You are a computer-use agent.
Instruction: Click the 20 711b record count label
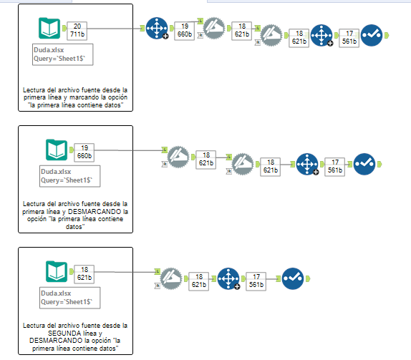(x=79, y=29)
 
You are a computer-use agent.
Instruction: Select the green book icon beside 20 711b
(x=49, y=29)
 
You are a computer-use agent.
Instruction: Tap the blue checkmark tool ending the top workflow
(x=372, y=34)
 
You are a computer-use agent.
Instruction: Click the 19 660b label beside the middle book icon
(x=84, y=151)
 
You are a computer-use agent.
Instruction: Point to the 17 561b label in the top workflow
(x=349, y=37)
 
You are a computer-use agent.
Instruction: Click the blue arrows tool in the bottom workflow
(x=228, y=278)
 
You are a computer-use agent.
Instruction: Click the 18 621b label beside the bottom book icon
(x=84, y=273)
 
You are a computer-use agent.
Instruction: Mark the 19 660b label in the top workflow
(x=185, y=29)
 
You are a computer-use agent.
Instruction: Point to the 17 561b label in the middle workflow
(x=334, y=166)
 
